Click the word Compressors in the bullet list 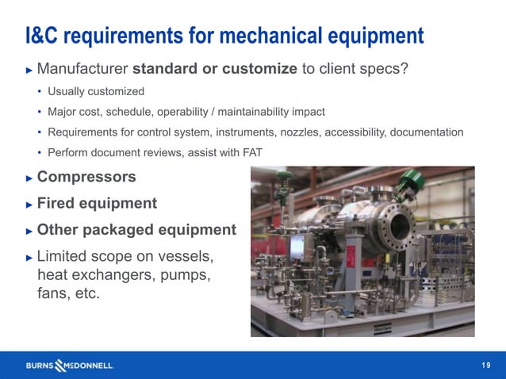point(86,177)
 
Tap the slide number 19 point(486,365)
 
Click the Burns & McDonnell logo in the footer point(70,366)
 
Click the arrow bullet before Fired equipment point(29,205)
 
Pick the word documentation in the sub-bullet point(424,132)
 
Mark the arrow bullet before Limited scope point(29,257)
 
